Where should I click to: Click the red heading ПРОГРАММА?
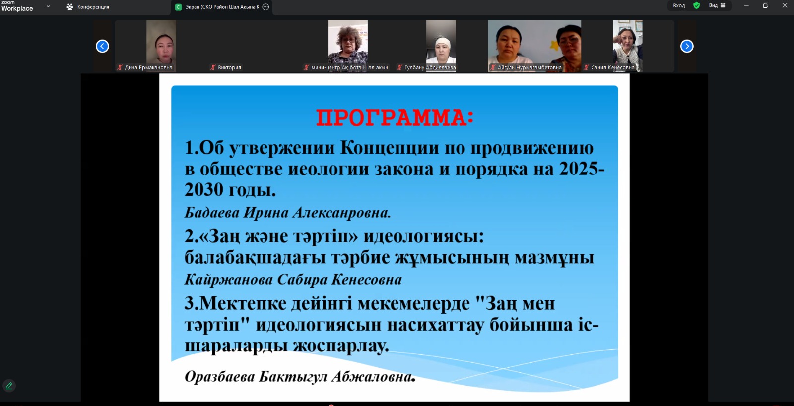pyautogui.click(x=395, y=118)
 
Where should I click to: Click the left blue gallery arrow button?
pyautogui.click(x=102, y=46)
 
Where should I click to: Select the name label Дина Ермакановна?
pyautogui.click(x=148, y=67)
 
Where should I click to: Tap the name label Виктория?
pyautogui.click(x=229, y=67)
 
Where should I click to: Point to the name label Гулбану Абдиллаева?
pyautogui.click(x=430, y=67)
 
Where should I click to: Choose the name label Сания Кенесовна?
pyautogui.click(x=612, y=67)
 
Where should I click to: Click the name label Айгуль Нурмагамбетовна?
pyautogui.click(x=529, y=67)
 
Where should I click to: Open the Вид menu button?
pyautogui.click(x=717, y=5)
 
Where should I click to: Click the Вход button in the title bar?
pyautogui.click(x=679, y=5)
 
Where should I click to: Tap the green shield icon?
pyautogui.click(x=697, y=5)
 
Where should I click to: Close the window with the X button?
pyautogui.click(x=785, y=5)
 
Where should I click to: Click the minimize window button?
pyautogui.click(x=746, y=5)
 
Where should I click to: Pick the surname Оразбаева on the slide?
pyautogui.click(x=219, y=377)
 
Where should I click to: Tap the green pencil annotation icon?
pyautogui.click(x=9, y=385)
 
